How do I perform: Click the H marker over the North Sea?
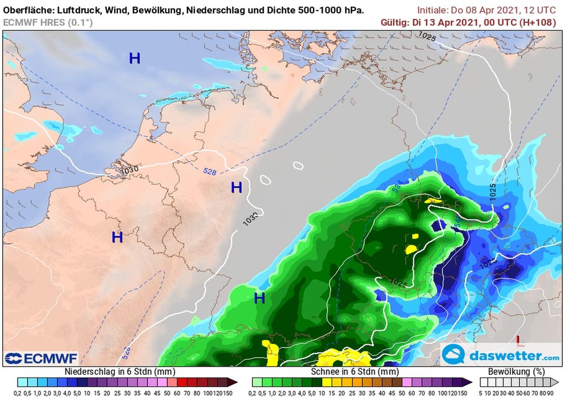pyautogui.click(x=135, y=58)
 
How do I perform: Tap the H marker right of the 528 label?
pyautogui.click(x=237, y=188)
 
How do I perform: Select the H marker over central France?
pyautogui.click(x=117, y=238)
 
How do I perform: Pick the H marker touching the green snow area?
pyautogui.click(x=259, y=299)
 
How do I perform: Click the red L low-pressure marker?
pyautogui.click(x=519, y=340)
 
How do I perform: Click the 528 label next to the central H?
pyautogui.click(x=210, y=172)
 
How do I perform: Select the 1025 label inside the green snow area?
pyautogui.click(x=398, y=283)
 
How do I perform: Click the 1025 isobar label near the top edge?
pyautogui.click(x=427, y=37)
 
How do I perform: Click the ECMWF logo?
pyautogui.click(x=41, y=358)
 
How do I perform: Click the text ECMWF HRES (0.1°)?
pyautogui.click(x=47, y=23)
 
